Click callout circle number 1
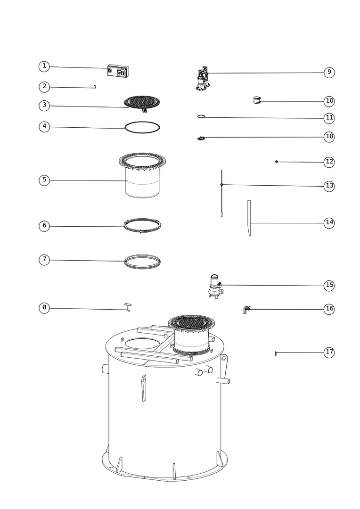pyautogui.click(x=44, y=66)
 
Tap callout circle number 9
pyautogui.click(x=329, y=72)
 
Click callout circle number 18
pyautogui.click(x=329, y=136)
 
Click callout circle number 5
pyautogui.click(x=44, y=180)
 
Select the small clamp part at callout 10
pyautogui.click(x=257, y=100)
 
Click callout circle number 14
pyautogui.click(x=329, y=222)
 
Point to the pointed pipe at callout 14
pyautogui.click(x=249, y=218)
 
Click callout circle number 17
pyautogui.click(x=329, y=352)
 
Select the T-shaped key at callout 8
pyautogui.click(x=128, y=306)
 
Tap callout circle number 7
pyautogui.click(x=44, y=260)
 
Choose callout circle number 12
pyautogui.click(x=329, y=162)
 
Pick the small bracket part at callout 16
pyautogui.click(x=246, y=309)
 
